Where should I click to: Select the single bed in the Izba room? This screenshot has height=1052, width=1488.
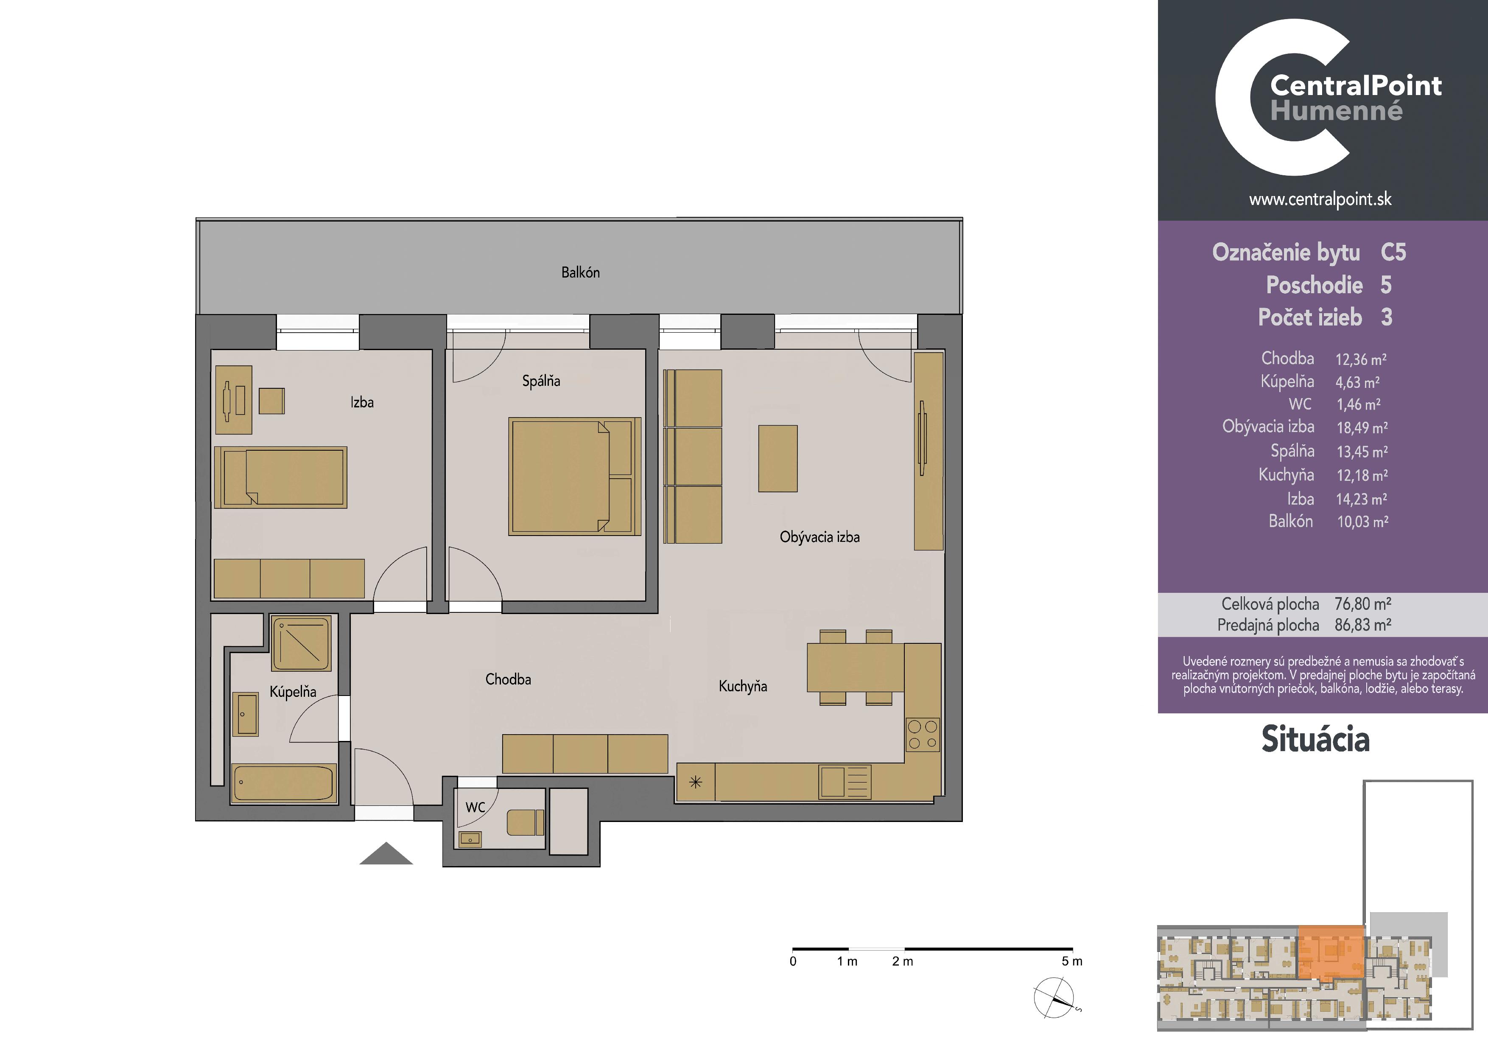coord(281,477)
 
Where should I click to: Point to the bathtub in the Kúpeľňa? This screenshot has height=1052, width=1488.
coord(284,783)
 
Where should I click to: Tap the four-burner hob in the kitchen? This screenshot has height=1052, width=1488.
coord(922,735)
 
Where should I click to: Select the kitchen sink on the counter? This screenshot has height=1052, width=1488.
coord(845,782)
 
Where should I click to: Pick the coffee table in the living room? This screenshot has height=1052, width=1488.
coord(778,458)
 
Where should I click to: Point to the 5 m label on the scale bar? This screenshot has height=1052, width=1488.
coord(1072,961)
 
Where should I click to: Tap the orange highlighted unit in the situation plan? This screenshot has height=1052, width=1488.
coord(1331,951)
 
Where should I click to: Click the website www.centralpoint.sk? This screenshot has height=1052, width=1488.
coord(1320,199)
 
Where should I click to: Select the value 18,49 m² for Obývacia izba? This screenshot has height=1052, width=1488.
coord(1362,428)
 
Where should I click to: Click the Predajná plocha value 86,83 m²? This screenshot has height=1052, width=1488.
coord(1363,625)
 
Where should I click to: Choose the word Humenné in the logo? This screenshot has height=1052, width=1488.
coord(1336,111)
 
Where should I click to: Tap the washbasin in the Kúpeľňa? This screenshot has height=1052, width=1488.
coord(247,714)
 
